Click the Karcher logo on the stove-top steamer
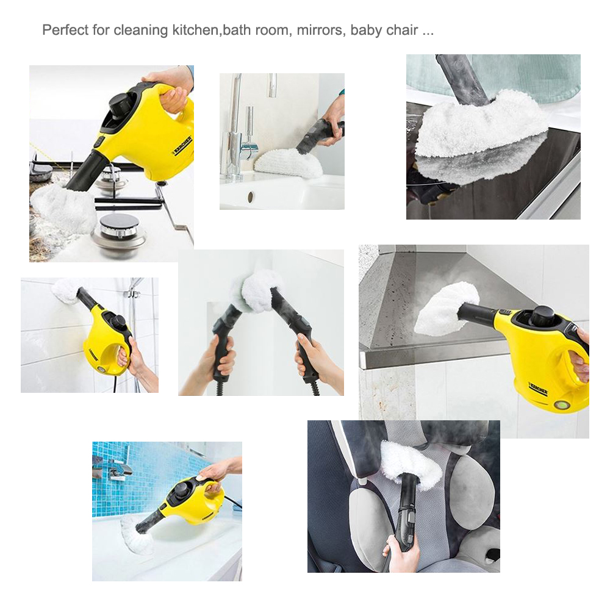182,146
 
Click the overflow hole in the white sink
249,197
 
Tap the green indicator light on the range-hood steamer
561,404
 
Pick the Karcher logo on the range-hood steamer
537,389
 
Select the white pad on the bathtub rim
136,533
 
